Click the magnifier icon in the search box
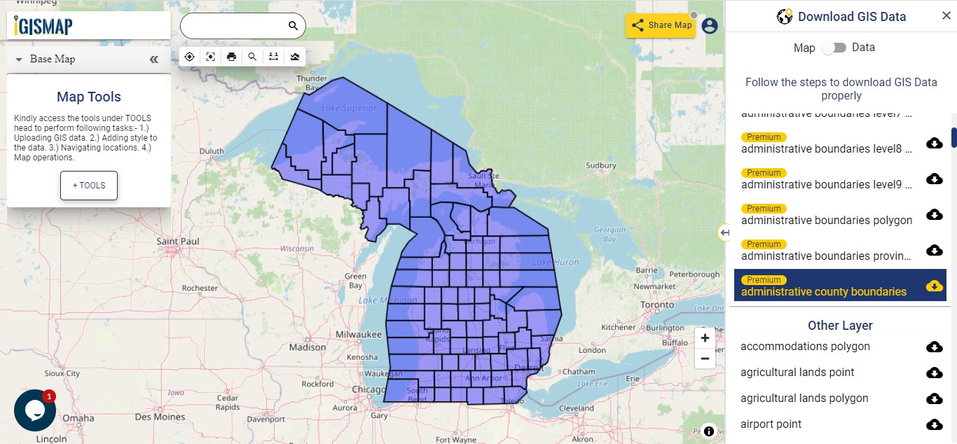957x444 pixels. pos(293,26)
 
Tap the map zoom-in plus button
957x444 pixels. pos(705,338)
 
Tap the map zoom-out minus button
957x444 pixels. pos(705,359)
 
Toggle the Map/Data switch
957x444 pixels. pos(834,48)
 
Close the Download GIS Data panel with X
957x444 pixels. pos(946,16)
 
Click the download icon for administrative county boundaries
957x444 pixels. pos(934,286)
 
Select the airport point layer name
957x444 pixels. pos(771,424)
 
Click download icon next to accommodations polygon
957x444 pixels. pos(934,347)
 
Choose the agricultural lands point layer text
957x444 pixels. pos(797,373)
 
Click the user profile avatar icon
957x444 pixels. pos(710,26)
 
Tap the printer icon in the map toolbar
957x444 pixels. pos(231,57)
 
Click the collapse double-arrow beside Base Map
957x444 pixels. pos(154,60)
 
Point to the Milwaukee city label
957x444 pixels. pos(357,335)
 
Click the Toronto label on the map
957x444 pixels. pos(657,305)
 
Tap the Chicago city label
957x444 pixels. pos(369,389)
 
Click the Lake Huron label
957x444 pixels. pos(556,262)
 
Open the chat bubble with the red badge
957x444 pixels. pos(35,410)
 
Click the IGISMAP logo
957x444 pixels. pos(43,26)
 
